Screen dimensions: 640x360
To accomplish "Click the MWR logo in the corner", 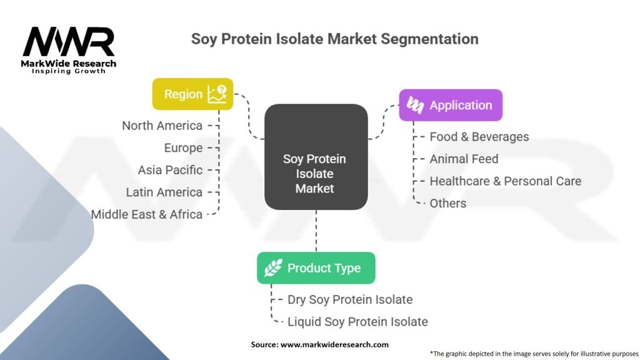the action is click(x=69, y=50).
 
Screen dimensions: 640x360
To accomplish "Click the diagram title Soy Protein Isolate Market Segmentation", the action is click(x=335, y=39).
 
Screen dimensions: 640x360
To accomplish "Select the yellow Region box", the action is click(x=192, y=94).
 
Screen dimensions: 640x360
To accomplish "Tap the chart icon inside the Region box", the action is click(x=217, y=94).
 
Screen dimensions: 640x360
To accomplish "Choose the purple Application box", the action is click(x=451, y=105).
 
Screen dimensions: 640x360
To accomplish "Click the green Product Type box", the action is click(x=316, y=267).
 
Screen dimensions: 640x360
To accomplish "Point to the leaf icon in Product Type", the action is click(x=273, y=267).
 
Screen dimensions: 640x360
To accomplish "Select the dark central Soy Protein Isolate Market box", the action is click(x=316, y=157).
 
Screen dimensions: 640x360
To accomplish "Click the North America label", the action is click(x=162, y=126).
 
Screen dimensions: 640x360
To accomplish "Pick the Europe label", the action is click(x=183, y=147).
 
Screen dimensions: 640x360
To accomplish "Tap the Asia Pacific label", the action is click(x=170, y=170).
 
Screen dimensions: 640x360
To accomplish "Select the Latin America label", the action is click(x=164, y=192).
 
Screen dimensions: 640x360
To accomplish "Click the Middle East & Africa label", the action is click(x=146, y=214).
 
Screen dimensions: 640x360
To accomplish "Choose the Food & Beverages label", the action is click(x=479, y=137).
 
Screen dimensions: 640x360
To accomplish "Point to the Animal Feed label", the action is click(x=464, y=159).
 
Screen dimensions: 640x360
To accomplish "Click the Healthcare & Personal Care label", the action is click(x=505, y=181).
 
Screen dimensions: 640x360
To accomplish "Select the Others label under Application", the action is click(x=447, y=203).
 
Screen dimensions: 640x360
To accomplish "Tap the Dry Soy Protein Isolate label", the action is click(x=350, y=299).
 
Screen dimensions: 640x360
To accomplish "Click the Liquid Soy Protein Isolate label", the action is click(x=357, y=322).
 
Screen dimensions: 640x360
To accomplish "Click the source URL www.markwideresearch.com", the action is click(x=334, y=344).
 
